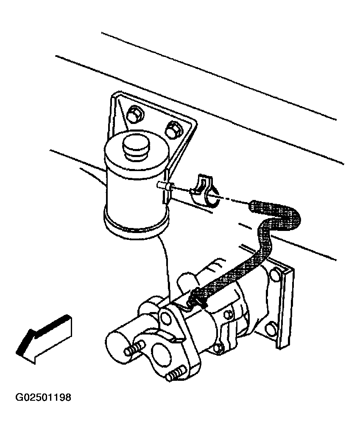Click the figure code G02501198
point(43,397)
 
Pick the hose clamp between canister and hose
point(204,192)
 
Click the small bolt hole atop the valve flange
point(165,317)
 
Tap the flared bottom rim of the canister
point(136,219)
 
